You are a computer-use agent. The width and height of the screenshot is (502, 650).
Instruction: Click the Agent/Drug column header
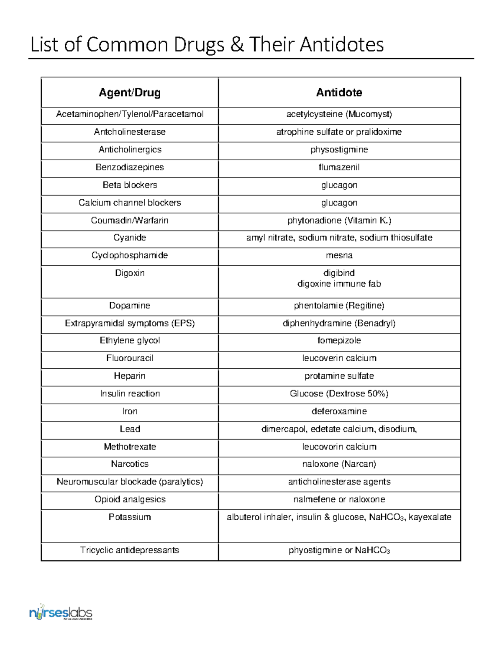(130, 92)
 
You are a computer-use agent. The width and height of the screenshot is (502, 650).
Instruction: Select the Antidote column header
(339, 92)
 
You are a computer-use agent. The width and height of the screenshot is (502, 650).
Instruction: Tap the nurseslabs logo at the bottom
(61, 614)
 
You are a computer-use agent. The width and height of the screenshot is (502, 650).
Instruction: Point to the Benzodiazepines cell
(130, 167)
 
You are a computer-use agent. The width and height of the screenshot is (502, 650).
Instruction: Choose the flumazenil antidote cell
(339, 167)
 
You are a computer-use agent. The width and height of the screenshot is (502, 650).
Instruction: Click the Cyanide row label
(130, 238)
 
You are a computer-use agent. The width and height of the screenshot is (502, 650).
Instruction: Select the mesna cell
(339, 255)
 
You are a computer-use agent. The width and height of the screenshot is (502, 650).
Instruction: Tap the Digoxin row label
(130, 273)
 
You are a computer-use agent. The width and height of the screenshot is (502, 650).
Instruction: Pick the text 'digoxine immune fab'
(339, 284)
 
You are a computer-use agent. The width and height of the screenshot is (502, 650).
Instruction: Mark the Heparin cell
(130, 376)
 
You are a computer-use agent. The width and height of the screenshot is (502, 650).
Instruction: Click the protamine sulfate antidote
(339, 376)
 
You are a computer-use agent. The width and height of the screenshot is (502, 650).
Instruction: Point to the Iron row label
(130, 411)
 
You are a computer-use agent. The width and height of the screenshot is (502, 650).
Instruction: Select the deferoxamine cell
(339, 411)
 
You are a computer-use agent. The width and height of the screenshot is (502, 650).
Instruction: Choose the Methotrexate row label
(130, 447)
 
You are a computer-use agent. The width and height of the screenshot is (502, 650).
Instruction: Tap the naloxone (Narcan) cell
(339, 464)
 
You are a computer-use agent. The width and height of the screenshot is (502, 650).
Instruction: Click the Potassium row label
(130, 517)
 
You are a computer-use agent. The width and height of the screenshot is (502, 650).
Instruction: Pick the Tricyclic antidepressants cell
(130, 550)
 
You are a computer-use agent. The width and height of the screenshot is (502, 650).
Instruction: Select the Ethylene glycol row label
(130, 341)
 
